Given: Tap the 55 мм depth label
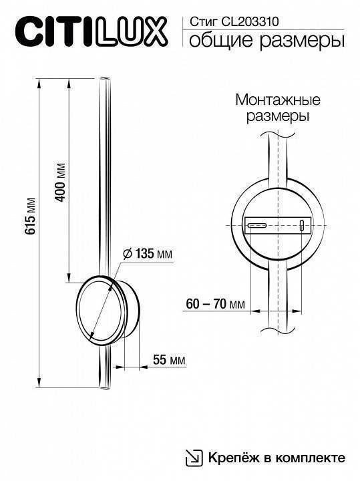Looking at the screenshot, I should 168,361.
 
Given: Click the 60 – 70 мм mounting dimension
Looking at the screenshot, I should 215,305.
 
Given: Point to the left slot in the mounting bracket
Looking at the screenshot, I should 256,226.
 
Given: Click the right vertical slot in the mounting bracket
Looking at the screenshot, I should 301,226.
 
